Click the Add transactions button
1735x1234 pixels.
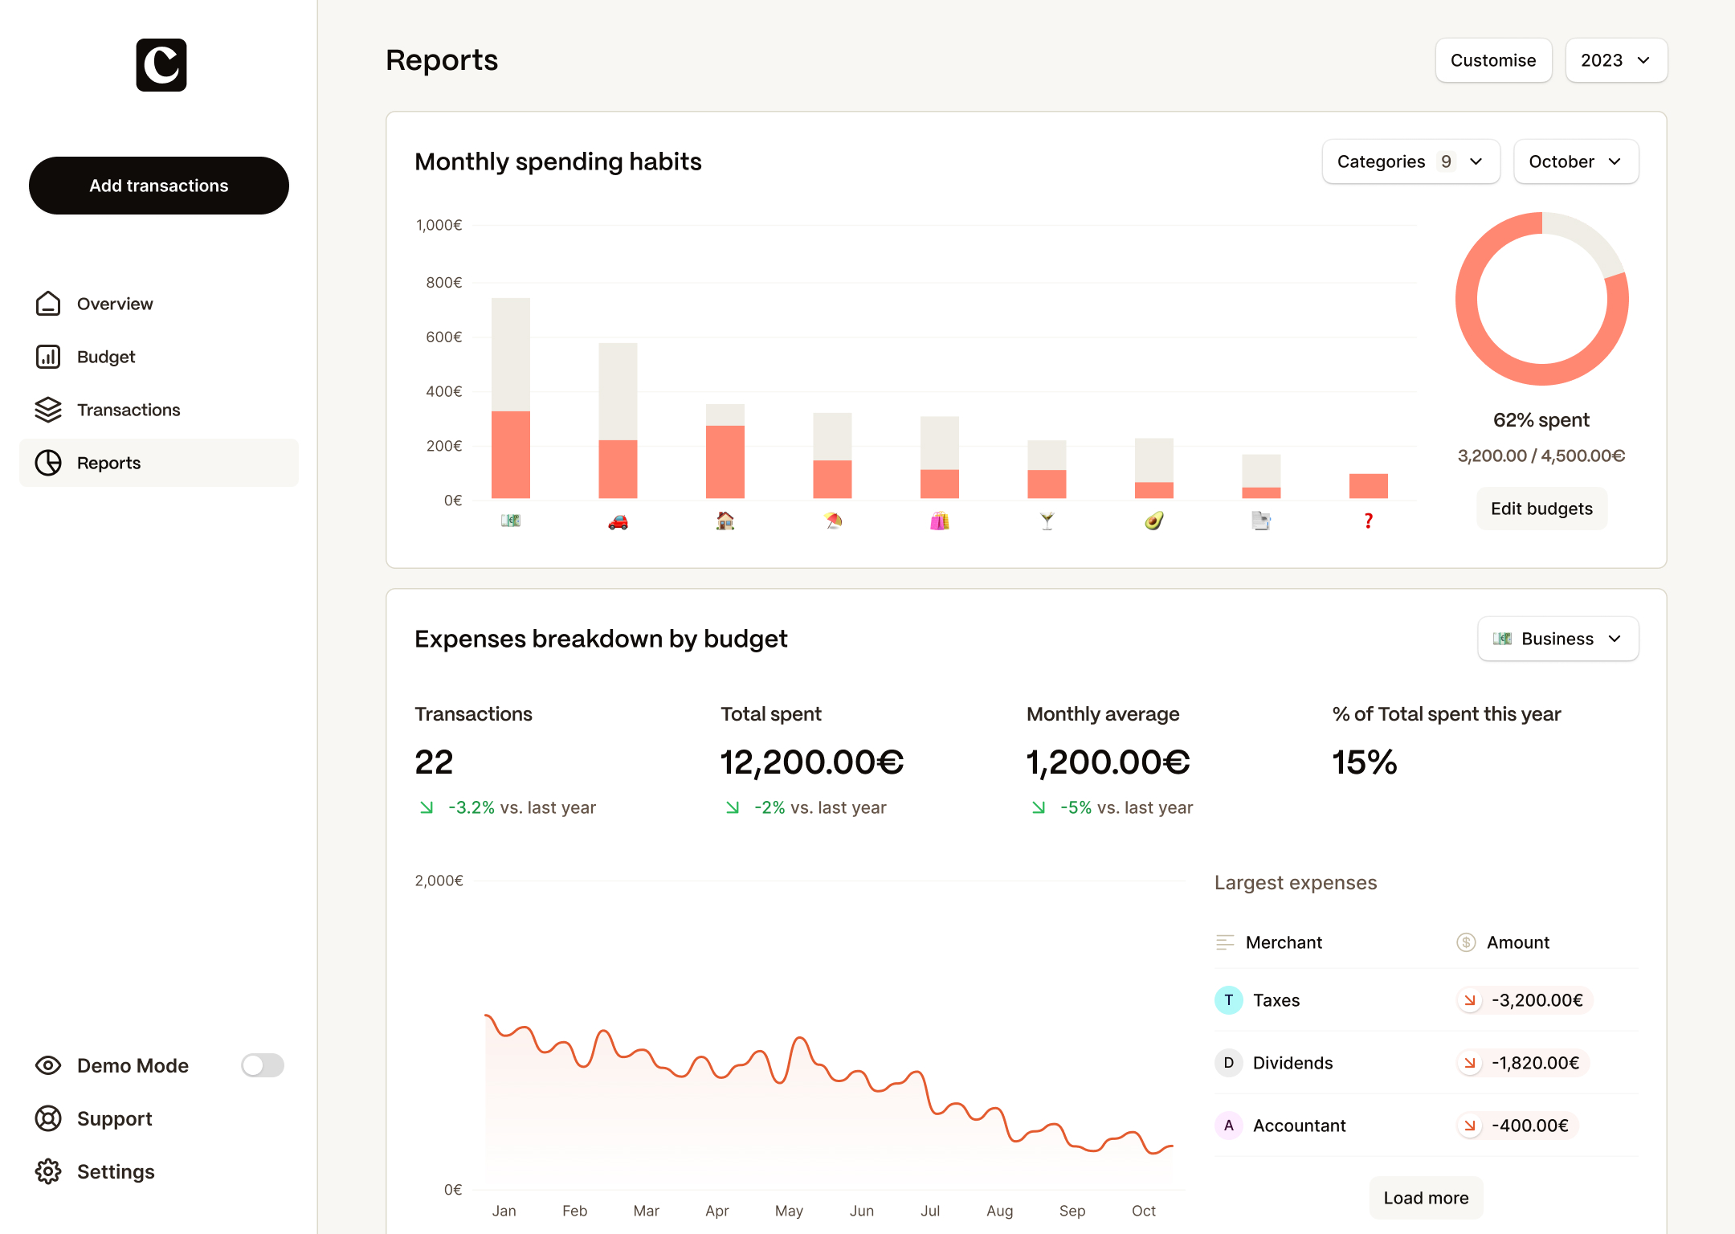tap(159, 186)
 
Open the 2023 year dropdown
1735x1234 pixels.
tap(1615, 60)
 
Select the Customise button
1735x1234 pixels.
tap(1492, 60)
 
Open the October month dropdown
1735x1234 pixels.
tap(1575, 161)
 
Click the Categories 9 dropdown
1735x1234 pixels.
tap(1410, 161)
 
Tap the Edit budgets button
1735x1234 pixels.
tap(1541, 509)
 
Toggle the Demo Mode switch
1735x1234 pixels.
tap(263, 1065)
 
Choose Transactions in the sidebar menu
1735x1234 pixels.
tap(129, 410)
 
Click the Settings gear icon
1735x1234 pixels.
tap(48, 1171)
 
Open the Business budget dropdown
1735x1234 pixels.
tap(1557, 639)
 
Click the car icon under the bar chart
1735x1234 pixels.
tap(618, 522)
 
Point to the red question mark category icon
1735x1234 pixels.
tap(1368, 521)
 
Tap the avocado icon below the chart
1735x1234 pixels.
tap(1153, 521)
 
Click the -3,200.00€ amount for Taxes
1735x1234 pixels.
tap(1536, 1000)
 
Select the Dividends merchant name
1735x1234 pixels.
tap(1292, 1063)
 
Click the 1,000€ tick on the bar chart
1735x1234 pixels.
tap(439, 225)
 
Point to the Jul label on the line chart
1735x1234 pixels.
tap(930, 1211)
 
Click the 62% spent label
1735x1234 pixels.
tap(1541, 420)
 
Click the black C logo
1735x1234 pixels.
tap(161, 65)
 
